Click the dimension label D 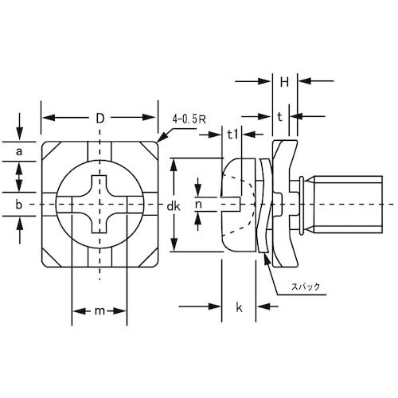point(99,119)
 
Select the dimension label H point(284,83)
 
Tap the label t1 point(232,135)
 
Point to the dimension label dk point(174,206)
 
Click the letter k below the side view point(239,307)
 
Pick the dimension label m point(99,310)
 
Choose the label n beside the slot point(198,205)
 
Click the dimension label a point(18,152)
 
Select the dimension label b point(18,205)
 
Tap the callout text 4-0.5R point(189,120)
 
